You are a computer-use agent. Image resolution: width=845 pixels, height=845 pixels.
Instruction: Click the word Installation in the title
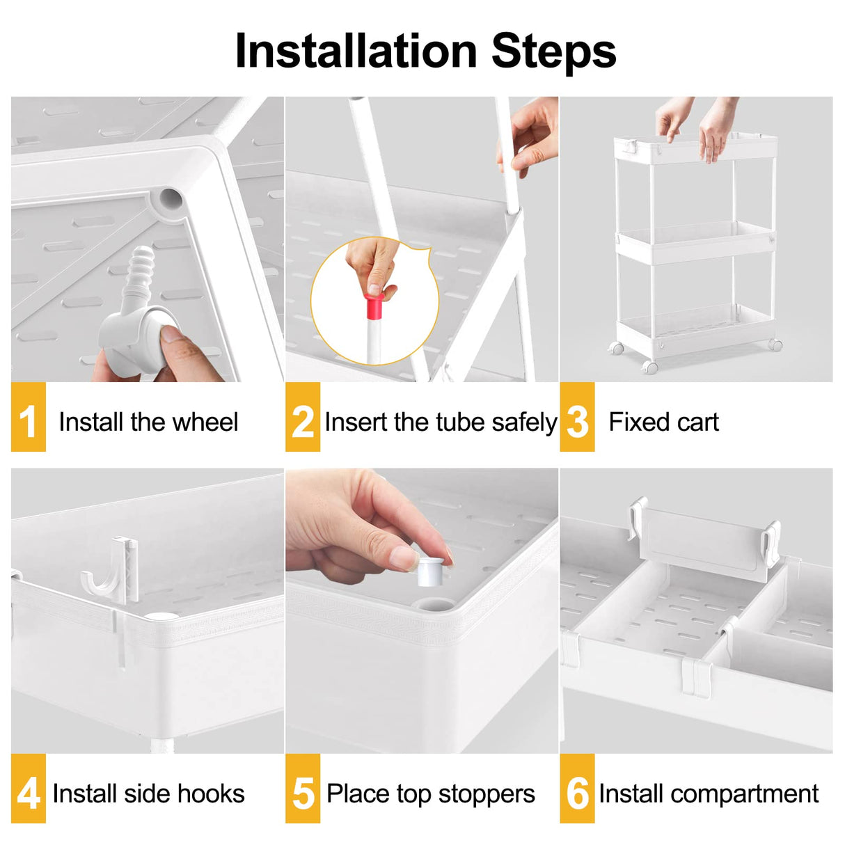pyautogui.click(x=356, y=52)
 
